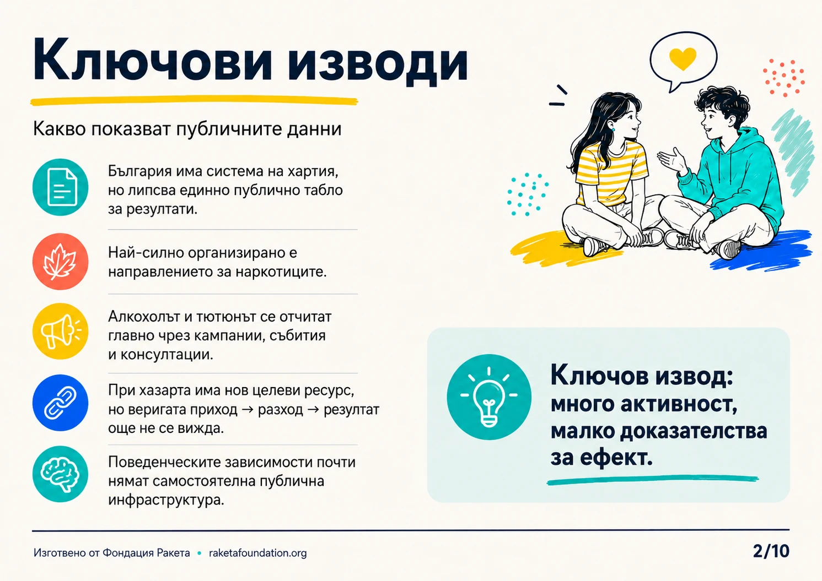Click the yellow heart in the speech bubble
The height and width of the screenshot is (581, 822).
683,58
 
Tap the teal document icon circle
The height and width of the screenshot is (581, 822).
61,187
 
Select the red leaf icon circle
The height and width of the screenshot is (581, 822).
61,262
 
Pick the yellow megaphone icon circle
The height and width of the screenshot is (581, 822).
61,331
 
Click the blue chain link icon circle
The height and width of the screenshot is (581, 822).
61,403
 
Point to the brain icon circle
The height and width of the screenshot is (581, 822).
61,474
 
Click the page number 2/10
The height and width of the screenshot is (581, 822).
771,551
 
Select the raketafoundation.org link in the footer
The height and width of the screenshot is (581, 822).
257,553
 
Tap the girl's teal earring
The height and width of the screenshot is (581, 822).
613,130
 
